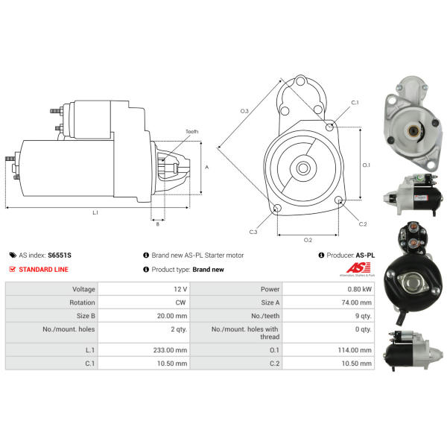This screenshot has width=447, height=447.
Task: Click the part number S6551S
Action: tap(60, 255)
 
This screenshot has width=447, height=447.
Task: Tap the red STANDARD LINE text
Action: tap(44, 270)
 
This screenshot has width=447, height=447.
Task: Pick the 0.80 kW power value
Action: tap(360, 289)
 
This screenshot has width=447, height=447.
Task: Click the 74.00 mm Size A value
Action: tap(357, 302)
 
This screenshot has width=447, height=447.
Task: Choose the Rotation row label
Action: tap(82, 302)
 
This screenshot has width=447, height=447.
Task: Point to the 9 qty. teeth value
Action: tap(364, 316)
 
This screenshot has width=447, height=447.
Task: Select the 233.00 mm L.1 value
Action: tap(170, 350)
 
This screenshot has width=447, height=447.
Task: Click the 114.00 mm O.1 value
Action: tap(355, 350)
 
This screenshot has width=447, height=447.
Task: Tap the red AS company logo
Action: tap(358, 268)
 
